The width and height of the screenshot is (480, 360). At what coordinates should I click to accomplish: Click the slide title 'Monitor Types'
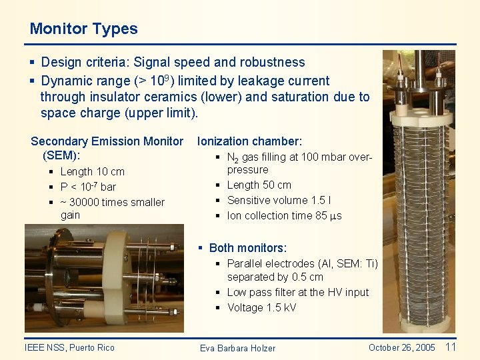pyautogui.click(x=83, y=29)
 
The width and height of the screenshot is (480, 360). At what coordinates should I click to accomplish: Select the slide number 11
pyautogui.click(x=450, y=347)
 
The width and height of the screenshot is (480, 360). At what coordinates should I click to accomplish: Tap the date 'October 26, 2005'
pyautogui.click(x=401, y=347)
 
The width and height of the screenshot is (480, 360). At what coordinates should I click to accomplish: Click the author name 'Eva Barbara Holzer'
pyautogui.click(x=237, y=348)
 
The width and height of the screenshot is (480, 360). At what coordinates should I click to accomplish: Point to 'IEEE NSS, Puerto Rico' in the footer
pyautogui.click(x=69, y=347)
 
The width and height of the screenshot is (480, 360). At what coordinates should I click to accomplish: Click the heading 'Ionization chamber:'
pyautogui.click(x=249, y=141)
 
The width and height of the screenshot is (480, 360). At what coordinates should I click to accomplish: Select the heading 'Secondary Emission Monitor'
pyautogui.click(x=107, y=141)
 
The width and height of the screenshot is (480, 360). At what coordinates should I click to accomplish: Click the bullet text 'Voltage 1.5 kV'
pyautogui.click(x=261, y=307)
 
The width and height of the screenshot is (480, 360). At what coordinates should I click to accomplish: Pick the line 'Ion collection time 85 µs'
pyautogui.click(x=284, y=216)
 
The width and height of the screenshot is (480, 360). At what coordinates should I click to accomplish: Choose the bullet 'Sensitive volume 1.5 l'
pyautogui.click(x=279, y=200)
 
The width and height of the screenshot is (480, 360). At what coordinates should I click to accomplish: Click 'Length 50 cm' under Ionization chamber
pyautogui.click(x=259, y=185)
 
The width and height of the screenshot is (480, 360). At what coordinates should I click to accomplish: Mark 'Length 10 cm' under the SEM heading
pyautogui.click(x=92, y=172)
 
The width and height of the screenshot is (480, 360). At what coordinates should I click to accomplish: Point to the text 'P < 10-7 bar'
pyautogui.click(x=88, y=187)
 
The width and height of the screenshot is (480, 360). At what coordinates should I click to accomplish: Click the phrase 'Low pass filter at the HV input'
pyautogui.click(x=297, y=292)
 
